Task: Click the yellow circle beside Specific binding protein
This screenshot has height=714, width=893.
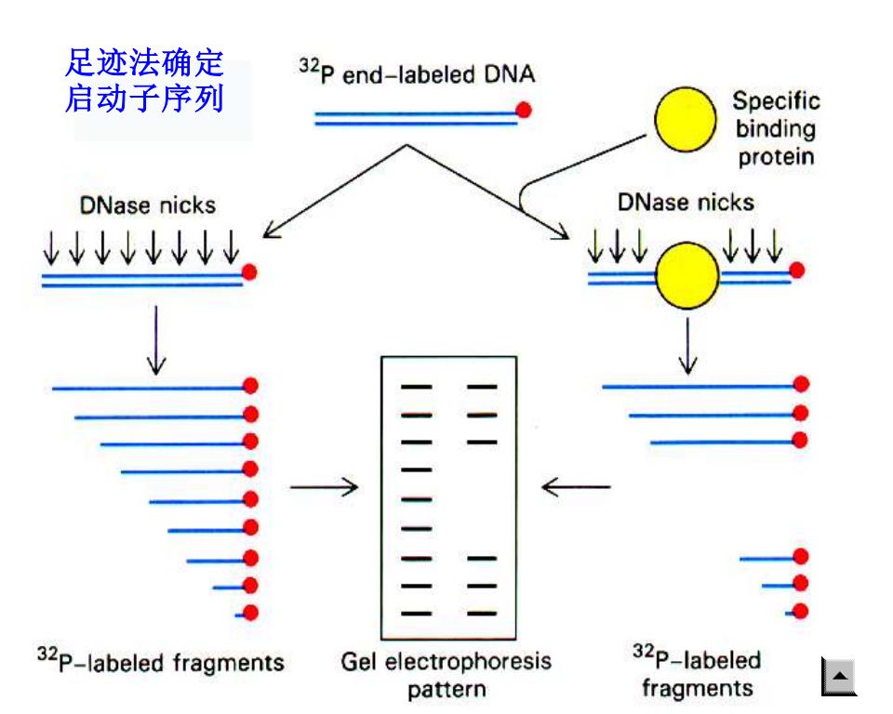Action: pyautogui.click(x=686, y=120)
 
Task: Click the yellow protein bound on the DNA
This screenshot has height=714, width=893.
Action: pyautogui.click(x=687, y=275)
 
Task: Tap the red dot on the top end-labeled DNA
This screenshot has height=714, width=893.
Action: pyautogui.click(x=524, y=110)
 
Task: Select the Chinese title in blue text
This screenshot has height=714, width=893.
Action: pyautogui.click(x=144, y=80)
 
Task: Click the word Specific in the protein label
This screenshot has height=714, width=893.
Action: pyautogui.click(x=776, y=101)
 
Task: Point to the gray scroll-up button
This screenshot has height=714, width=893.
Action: pyautogui.click(x=839, y=677)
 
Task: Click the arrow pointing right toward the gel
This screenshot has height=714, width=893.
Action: pyautogui.click(x=324, y=487)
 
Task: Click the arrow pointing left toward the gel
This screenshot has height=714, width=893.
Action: pyautogui.click(x=576, y=487)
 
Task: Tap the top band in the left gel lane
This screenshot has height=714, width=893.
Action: pyautogui.click(x=417, y=387)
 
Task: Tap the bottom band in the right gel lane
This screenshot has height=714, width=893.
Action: pyautogui.click(x=482, y=614)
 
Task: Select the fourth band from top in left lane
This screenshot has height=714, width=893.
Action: pyautogui.click(x=417, y=470)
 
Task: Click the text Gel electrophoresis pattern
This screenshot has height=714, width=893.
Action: pyautogui.click(x=446, y=675)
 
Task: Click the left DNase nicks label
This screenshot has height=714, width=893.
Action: pyautogui.click(x=148, y=205)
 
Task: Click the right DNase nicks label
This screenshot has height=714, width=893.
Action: pyautogui.click(x=686, y=203)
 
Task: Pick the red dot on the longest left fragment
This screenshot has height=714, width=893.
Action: pyautogui.click(x=250, y=386)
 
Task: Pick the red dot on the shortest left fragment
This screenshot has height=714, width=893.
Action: pyautogui.click(x=250, y=613)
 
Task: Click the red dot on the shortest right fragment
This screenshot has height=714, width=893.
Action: pyautogui.click(x=801, y=611)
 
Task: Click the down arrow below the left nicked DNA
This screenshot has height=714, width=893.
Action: pyautogui.click(x=156, y=340)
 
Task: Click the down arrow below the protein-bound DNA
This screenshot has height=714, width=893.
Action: pyautogui.click(x=688, y=346)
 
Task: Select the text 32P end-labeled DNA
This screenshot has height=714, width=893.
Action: pyautogui.click(x=418, y=73)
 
